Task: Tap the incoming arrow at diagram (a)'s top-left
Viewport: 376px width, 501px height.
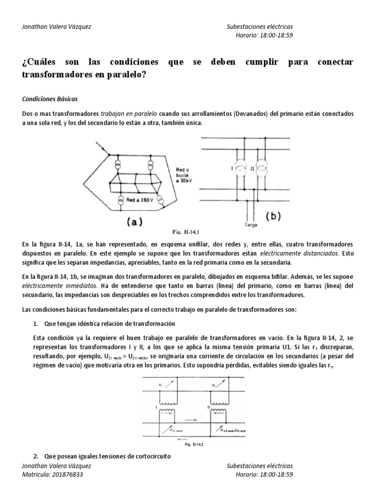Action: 103,145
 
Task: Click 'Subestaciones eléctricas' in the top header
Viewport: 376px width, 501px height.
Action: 260,27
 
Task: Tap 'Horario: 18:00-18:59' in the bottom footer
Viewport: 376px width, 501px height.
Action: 264,474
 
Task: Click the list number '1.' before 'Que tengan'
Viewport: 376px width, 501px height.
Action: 36,324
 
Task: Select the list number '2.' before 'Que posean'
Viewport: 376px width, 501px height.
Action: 36,456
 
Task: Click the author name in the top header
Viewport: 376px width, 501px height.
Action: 57,27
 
